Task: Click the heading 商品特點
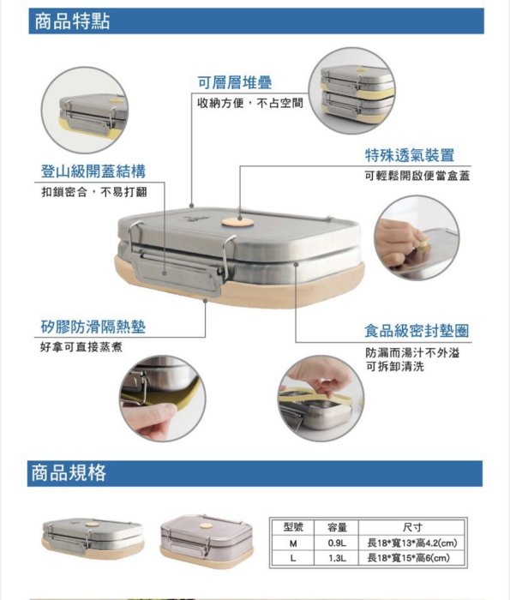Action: (72, 21)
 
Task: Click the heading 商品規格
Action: (69, 473)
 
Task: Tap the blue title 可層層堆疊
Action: (235, 82)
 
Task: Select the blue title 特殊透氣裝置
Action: (410, 155)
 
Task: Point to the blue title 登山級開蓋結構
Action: (93, 171)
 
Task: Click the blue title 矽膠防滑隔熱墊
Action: (93, 327)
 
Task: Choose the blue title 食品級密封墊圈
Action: (417, 331)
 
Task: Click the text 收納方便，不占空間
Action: (250, 103)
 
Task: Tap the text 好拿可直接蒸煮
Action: (81, 347)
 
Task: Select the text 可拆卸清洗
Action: (395, 367)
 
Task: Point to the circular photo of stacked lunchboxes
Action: (352, 91)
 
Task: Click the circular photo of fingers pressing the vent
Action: (417, 237)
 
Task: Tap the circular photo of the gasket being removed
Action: (321, 398)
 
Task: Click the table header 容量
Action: (337, 527)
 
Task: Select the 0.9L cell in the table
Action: (337, 543)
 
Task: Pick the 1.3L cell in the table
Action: (337, 558)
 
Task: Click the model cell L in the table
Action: (293, 558)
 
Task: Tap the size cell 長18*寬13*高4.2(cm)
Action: (412, 543)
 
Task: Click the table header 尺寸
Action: (412, 527)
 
